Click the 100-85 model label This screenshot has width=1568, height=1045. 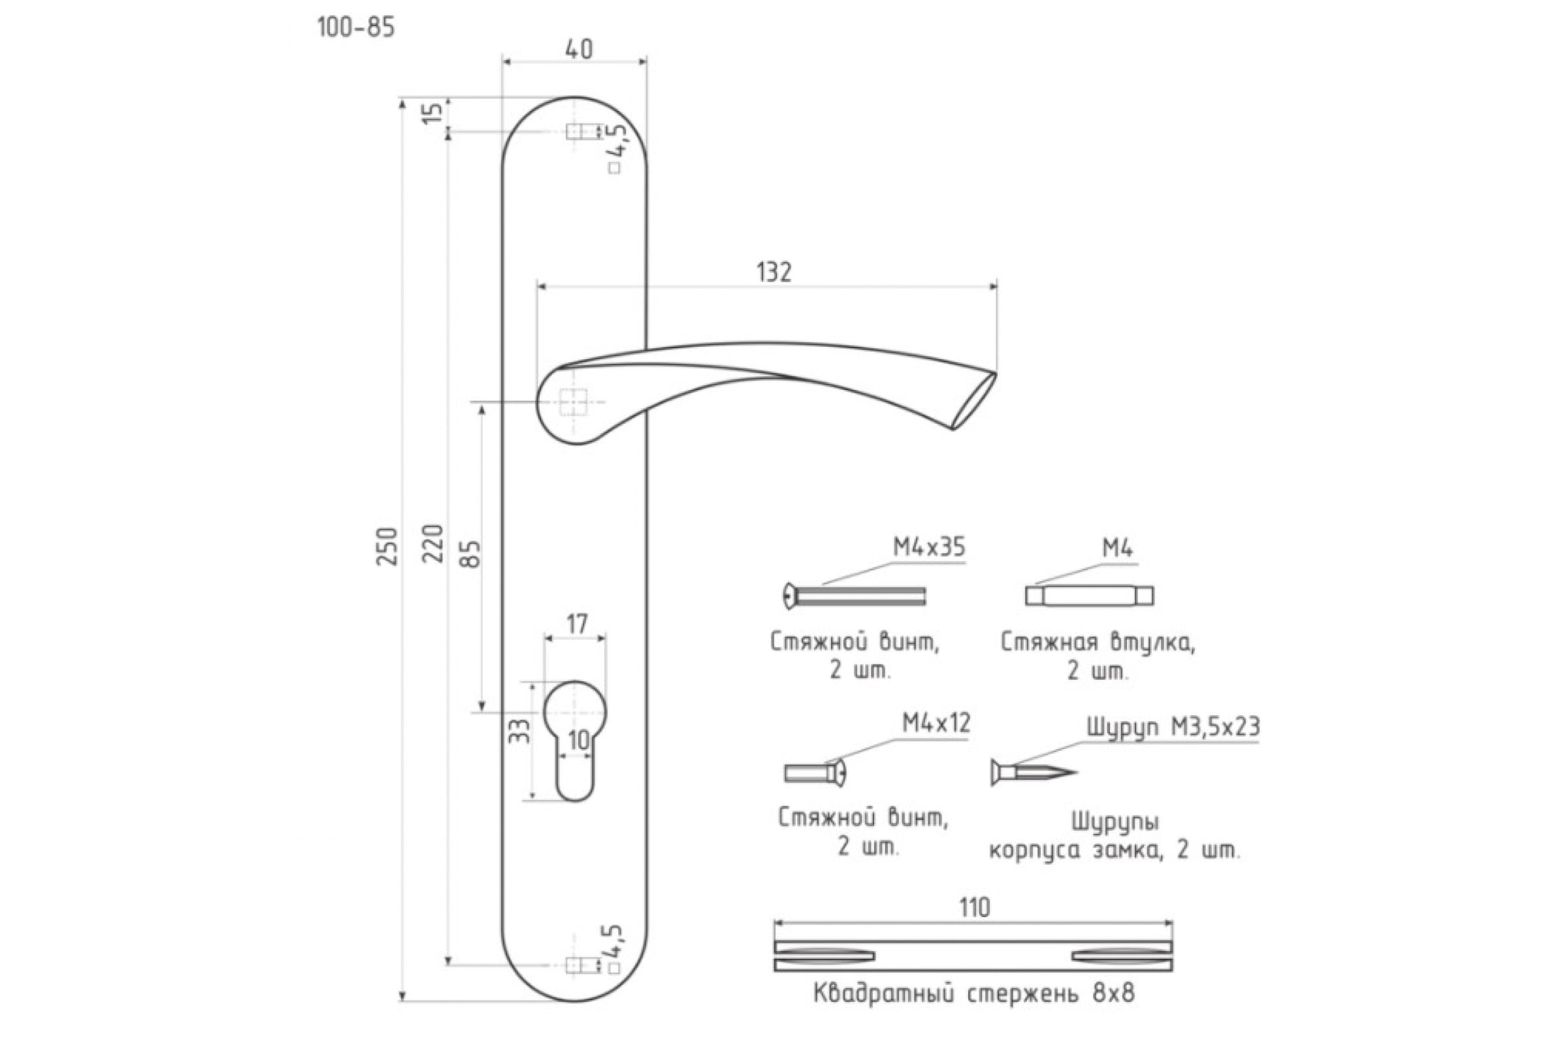[356, 28]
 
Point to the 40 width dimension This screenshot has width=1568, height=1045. [579, 50]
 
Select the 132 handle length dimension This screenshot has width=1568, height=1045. [774, 272]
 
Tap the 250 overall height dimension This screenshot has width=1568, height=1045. [387, 546]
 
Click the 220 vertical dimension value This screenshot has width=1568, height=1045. [433, 543]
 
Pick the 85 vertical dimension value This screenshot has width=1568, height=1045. [470, 553]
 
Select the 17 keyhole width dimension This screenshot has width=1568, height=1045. [577, 624]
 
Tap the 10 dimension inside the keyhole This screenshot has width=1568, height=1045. [579, 740]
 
